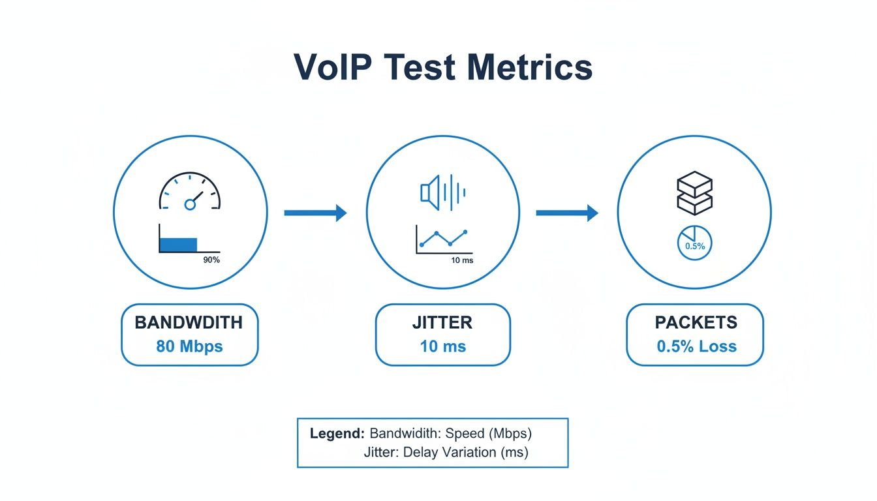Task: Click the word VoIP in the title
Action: pyautogui.click(x=329, y=67)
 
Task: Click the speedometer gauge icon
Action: pyautogui.click(x=190, y=192)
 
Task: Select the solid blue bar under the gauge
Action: pyautogui.click(x=178, y=245)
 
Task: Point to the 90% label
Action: pyautogui.click(x=211, y=260)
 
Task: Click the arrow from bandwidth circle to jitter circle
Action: pyautogui.click(x=315, y=213)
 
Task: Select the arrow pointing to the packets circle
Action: pyautogui.click(x=567, y=213)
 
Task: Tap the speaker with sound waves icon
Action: pyautogui.click(x=443, y=192)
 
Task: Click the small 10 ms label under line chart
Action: pyautogui.click(x=462, y=260)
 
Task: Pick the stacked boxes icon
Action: pyautogui.click(x=694, y=192)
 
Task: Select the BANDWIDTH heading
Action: pyautogui.click(x=189, y=322)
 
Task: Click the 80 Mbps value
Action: pyautogui.click(x=189, y=346)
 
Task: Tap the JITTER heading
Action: pyautogui.click(x=442, y=322)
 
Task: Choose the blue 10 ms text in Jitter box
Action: pyautogui.click(x=442, y=346)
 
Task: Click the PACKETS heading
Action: pyautogui.click(x=696, y=322)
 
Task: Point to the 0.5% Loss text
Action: pyautogui.click(x=696, y=346)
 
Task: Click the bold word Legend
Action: pyautogui.click(x=337, y=433)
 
